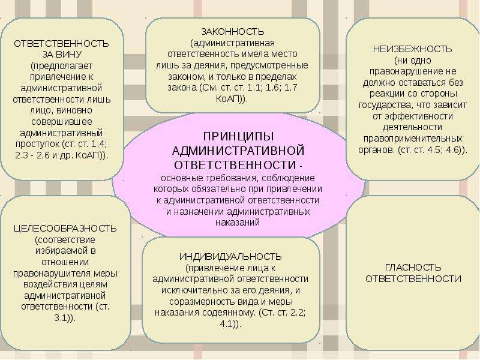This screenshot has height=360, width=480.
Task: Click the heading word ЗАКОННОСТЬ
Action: pyautogui.click(x=233, y=32)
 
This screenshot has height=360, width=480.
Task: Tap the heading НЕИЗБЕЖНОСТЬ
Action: pyautogui.click(x=412, y=49)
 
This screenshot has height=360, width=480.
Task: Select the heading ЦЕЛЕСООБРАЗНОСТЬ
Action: pyautogui.click(x=65, y=229)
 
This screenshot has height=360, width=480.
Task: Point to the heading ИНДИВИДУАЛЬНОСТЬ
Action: pyautogui.click(x=230, y=257)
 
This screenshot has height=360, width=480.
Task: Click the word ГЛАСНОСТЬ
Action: pyautogui.click(x=413, y=268)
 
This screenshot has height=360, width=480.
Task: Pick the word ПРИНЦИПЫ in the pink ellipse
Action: pyautogui.click(x=238, y=137)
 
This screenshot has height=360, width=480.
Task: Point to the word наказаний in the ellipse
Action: pyautogui.click(x=238, y=222)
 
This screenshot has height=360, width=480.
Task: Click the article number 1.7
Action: pyautogui.click(x=290, y=88)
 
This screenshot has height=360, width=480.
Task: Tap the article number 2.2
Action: pyautogui.click(x=298, y=313)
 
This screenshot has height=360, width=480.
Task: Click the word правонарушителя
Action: pyautogui.click(x=51, y=274)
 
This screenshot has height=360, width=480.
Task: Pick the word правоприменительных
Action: pyautogui.click(x=413, y=139)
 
